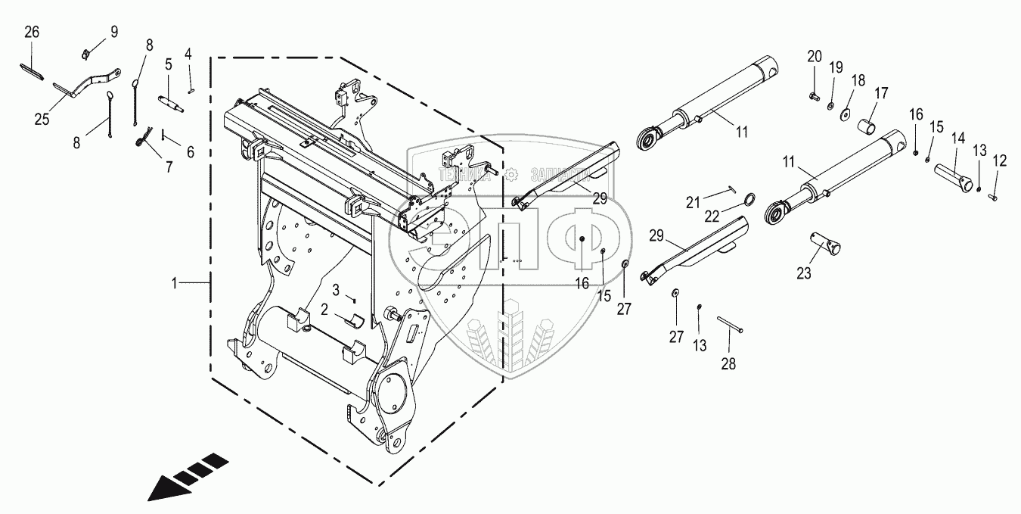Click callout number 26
[x=31, y=32]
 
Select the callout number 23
[x=803, y=272]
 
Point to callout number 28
[x=728, y=364]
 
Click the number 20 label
[x=814, y=56]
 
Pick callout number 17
[x=882, y=93]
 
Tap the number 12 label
[x=1000, y=160]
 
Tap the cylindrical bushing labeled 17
[x=870, y=125]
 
